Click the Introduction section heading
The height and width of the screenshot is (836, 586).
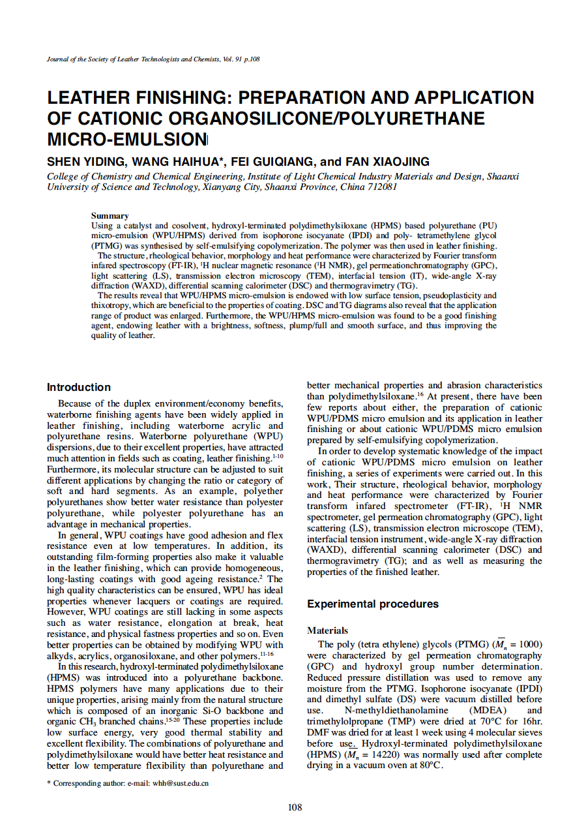[x=79, y=388]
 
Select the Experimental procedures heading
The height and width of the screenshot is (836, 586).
[x=373, y=604]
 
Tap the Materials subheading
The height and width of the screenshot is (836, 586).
[x=327, y=631]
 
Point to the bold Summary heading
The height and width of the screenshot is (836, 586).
[x=110, y=216]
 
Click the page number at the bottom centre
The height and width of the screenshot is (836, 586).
[x=295, y=808]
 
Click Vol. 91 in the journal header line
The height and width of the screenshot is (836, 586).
[x=232, y=59]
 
